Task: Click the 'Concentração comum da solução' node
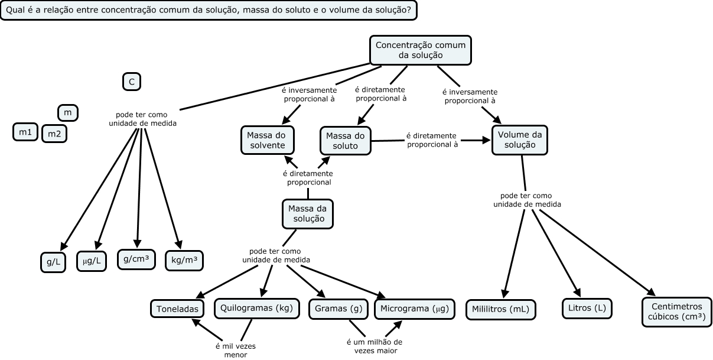(421, 50)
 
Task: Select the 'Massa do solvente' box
(266, 141)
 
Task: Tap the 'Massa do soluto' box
(346, 141)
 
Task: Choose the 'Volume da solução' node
(520, 140)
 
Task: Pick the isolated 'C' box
(132, 82)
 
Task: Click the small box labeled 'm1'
(25, 132)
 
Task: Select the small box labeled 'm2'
(54, 134)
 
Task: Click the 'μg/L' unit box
(92, 261)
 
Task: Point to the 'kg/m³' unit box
(184, 260)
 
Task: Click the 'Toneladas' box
(177, 309)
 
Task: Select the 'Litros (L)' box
(587, 309)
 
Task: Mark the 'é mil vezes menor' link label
(235, 351)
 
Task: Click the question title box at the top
(208, 10)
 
